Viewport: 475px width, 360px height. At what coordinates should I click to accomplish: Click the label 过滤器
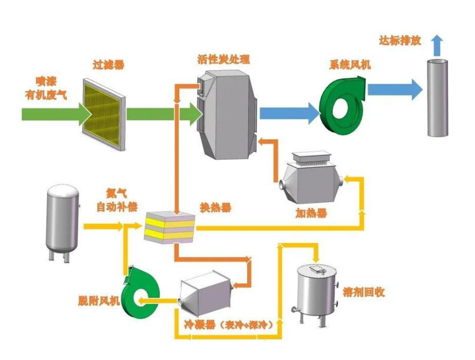108,65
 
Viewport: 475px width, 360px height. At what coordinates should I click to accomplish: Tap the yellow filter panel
105,114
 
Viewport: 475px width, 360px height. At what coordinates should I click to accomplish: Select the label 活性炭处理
224,60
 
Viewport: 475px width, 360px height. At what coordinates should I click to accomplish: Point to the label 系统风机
350,65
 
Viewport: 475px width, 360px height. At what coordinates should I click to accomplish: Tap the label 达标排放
400,41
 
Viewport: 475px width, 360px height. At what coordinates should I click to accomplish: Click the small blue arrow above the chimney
437,42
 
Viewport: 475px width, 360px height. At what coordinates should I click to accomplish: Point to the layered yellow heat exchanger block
170,225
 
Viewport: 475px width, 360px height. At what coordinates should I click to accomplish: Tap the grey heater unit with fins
312,179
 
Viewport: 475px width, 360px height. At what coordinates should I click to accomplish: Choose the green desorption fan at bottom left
140,293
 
